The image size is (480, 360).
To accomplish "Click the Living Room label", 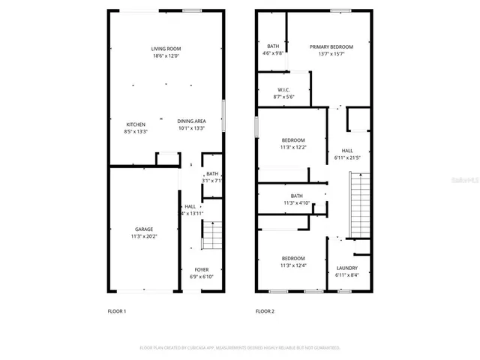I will (x=166, y=49).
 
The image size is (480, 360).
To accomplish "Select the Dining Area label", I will (x=192, y=121).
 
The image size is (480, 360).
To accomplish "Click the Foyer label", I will (x=202, y=269).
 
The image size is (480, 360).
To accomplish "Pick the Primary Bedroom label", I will (x=331, y=46).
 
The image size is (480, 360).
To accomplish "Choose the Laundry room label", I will (x=346, y=268).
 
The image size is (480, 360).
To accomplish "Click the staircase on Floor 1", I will (x=212, y=235).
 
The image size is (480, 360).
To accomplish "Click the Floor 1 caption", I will (x=118, y=310).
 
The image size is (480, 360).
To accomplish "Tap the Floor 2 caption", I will (x=265, y=310).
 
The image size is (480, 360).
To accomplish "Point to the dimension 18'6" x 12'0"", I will (x=166, y=56).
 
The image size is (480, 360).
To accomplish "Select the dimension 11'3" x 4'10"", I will (x=292, y=202).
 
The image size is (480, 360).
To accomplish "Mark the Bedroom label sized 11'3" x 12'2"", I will (x=293, y=140).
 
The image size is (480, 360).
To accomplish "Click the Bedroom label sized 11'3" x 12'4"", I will (x=293, y=258).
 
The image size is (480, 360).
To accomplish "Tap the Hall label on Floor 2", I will (x=347, y=150).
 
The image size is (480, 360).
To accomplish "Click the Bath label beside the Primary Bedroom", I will (x=273, y=46).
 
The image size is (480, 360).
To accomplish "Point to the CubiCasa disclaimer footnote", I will (x=240, y=347).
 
